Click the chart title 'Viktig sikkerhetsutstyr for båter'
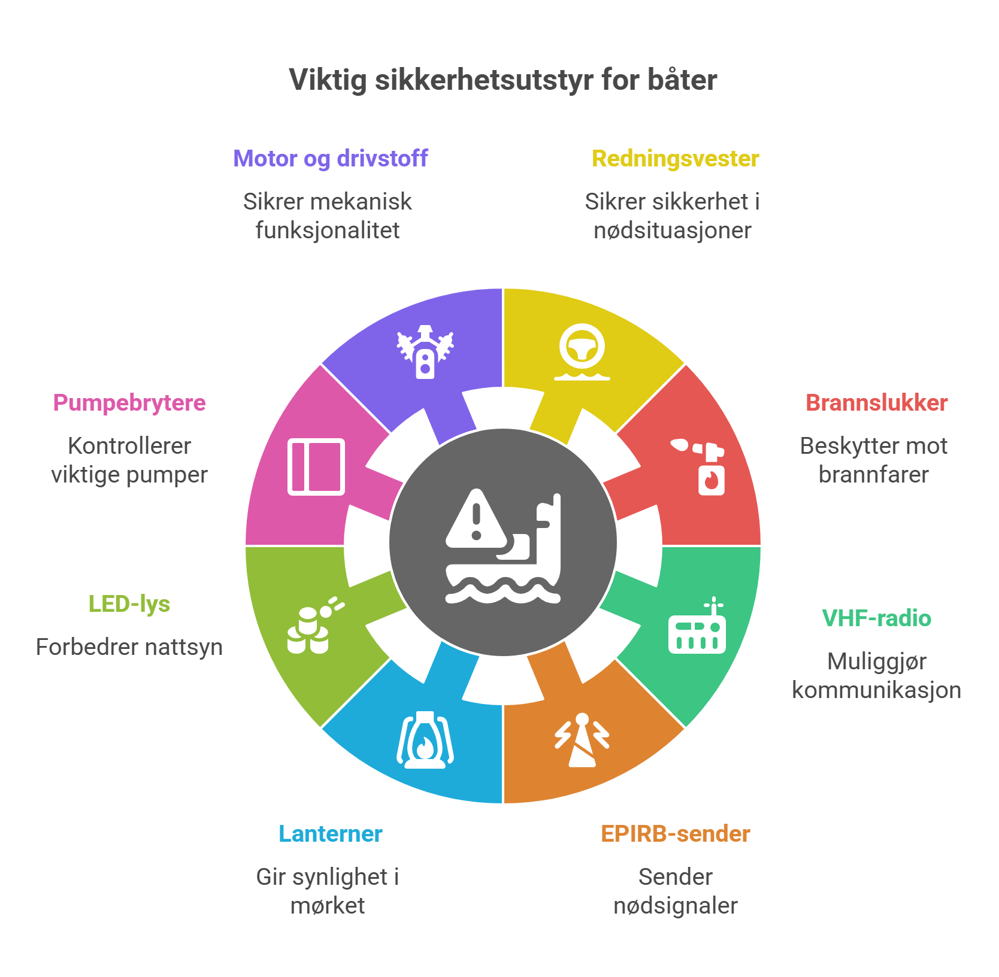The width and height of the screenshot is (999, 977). point(503,80)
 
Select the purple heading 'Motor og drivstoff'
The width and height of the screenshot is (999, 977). point(330,159)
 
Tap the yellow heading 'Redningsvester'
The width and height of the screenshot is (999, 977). point(676,159)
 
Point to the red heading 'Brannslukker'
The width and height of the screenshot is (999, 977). point(876,403)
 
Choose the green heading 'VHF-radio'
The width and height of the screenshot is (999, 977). point(876,618)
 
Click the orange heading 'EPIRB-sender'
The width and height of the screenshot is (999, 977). point(676,834)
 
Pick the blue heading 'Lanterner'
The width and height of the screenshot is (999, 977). point(330,834)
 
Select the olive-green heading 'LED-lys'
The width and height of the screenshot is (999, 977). point(129,604)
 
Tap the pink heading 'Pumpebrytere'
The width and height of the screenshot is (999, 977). point(129,403)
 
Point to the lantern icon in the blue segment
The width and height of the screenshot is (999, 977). point(425,740)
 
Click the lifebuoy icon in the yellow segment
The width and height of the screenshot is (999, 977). point(582,352)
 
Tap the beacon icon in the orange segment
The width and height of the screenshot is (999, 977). point(582,740)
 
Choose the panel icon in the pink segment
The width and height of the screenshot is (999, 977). point(316,467)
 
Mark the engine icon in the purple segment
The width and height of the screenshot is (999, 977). point(425,352)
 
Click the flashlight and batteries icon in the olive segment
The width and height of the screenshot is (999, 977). point(316,625)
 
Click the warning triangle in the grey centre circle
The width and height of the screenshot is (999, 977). point(477,519)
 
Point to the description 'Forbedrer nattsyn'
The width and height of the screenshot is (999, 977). point(129,647)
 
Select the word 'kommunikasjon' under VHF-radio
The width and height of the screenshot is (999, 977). point(876,690)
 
